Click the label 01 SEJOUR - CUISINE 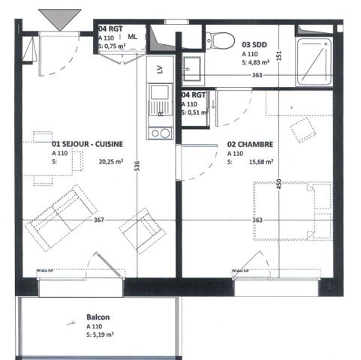pyautogui.click(x=87, y=144)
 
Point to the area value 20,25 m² pyautogui.click(x=109, y=161)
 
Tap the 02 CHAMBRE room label pyautogui.click(x=249, y=145)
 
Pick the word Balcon pyautogui.click(x=98, y=318)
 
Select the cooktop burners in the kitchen pyautogui.click(x=160, y=133)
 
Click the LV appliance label pyautogui.click(x=160, y=69)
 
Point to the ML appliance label pyautogui.click(x=133, y=36)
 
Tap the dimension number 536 pyautogui.click(x=137, y=166)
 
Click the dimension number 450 pyautogui.click(x=278, y=184)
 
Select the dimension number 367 pyautogui.click(x=99, y=219)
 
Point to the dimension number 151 pyautogui.click(x=278, y=54)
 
